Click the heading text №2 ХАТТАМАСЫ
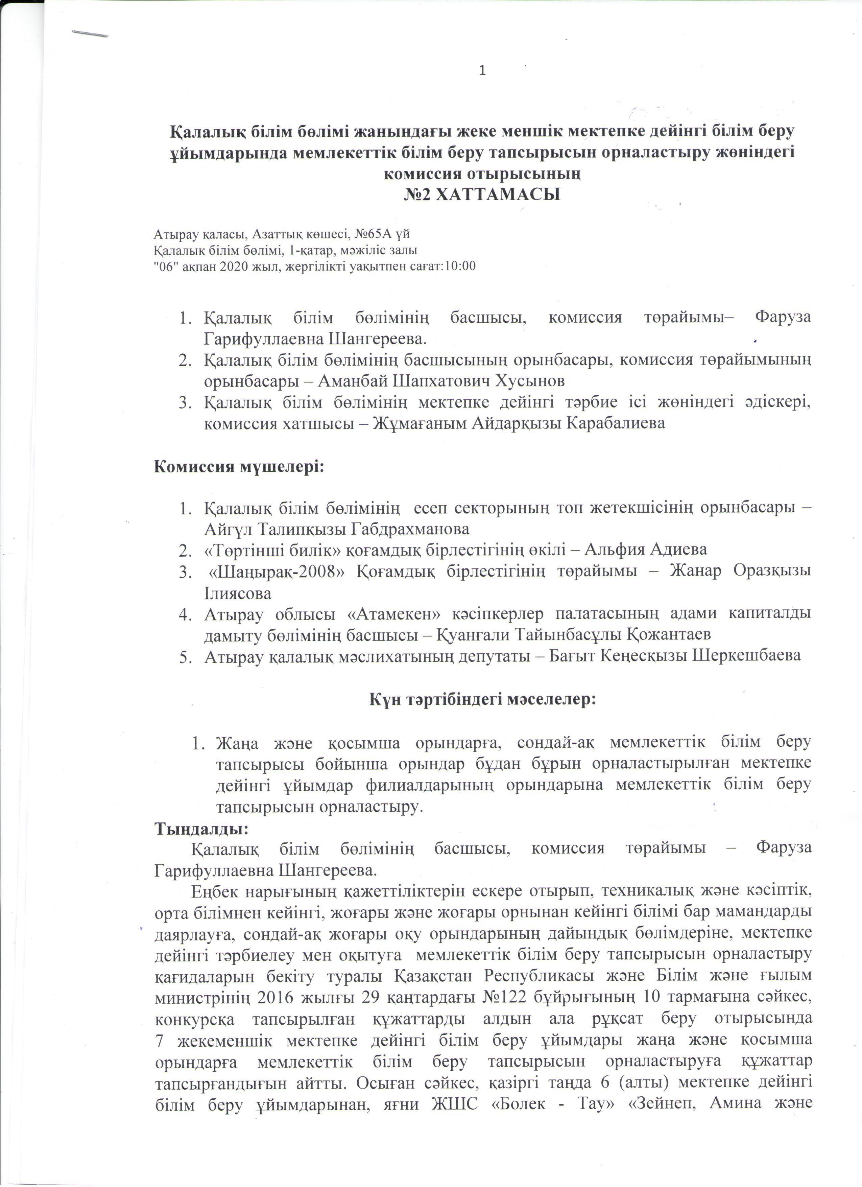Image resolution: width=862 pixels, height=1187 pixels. click(482, 195)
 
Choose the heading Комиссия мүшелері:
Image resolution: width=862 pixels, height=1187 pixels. click(239, 466)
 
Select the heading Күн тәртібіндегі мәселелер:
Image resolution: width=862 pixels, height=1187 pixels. click(482, 699)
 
